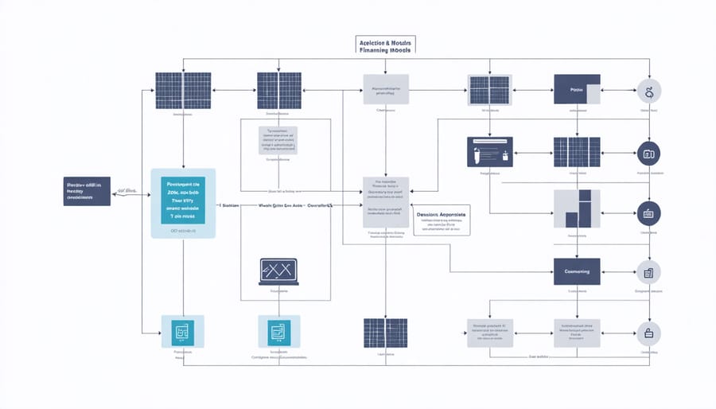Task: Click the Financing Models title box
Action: (x=386, y=45)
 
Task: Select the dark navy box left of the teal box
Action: (x=87, y=191)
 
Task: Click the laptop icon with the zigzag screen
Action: (x=278, y=271)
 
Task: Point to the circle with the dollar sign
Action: (x=649, y=92)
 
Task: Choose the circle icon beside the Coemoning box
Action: (x=649, y=272)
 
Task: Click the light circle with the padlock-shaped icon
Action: (x=649, y=333)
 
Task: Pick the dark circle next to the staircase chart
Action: (x=649, y=212)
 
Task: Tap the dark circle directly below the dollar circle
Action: (x=649, y=152)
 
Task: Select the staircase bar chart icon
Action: (x=577, y=208)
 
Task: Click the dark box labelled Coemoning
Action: (x=577, y=271)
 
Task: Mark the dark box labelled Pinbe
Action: (x=577, y=90)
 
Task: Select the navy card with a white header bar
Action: (x=489, y=151)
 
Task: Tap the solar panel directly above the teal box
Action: (x=183, y=91)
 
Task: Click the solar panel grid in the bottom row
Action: (x=386, y=333)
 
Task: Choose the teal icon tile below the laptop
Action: (x=278, y=331)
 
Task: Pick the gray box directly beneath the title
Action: (x=386, y=90)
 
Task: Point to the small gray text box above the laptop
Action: (x=278, y=140)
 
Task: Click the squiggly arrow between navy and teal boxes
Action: (x=125, y=192)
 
